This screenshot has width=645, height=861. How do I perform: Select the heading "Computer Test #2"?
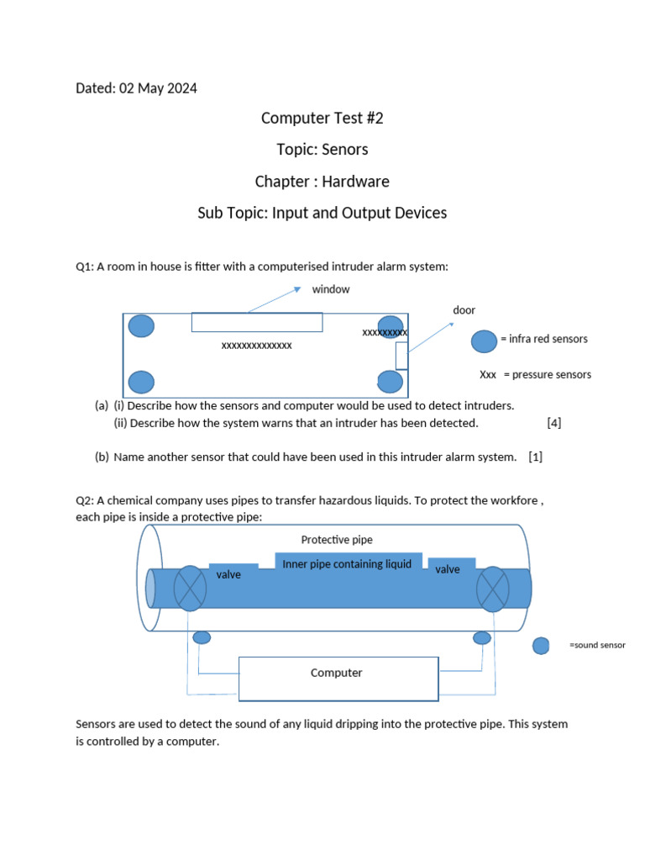[322, 119]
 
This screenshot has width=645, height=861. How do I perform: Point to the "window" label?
[331, 289]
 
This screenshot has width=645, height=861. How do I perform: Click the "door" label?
[464, 310]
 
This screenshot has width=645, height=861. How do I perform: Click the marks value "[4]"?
[553, 423]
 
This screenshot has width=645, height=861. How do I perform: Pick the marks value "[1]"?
[536, 457]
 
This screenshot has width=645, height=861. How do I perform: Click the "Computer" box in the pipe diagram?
[338, 679]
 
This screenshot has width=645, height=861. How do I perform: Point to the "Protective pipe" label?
[337, 539]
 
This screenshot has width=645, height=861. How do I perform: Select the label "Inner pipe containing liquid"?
[347, 564]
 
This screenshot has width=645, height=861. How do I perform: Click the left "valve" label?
[228, 574]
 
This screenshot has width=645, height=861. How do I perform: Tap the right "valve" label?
[448, 570]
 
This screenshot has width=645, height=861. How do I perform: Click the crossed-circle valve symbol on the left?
[191, 588]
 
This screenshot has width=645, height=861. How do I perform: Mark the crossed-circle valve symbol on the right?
[493, 588]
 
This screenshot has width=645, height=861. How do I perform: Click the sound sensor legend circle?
[542, 646]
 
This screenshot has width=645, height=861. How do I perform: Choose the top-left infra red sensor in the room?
[141, 326]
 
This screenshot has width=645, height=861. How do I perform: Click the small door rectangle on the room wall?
[401, 356]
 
